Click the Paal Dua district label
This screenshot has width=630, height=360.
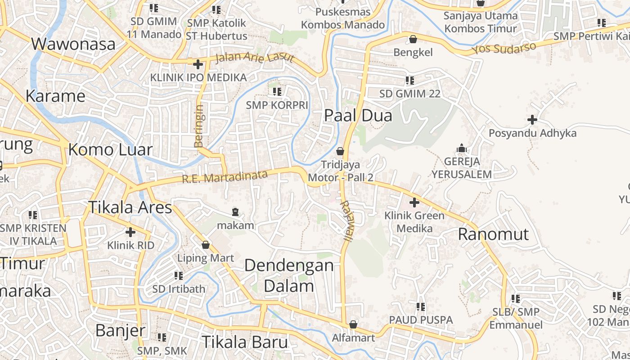358,116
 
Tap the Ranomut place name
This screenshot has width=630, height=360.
493,234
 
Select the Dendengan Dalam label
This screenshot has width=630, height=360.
289,275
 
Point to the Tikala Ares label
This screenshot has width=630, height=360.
130,207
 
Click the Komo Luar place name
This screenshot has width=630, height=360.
110,150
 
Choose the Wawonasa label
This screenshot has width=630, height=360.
73,44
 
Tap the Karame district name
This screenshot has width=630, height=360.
55,96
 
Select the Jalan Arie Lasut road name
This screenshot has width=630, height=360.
254,58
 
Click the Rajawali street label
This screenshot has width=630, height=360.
346,220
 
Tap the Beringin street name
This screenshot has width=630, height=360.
199,126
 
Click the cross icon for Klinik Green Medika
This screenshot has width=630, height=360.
414,202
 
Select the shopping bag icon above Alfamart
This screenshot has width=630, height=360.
353,324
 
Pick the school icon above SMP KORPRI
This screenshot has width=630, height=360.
277,92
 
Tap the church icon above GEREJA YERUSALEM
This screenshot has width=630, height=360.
461,148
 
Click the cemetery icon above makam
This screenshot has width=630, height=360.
235,211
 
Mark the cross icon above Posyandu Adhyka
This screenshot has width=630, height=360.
532,120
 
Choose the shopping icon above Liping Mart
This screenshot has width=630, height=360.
206,245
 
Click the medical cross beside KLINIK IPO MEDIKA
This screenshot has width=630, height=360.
198,64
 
